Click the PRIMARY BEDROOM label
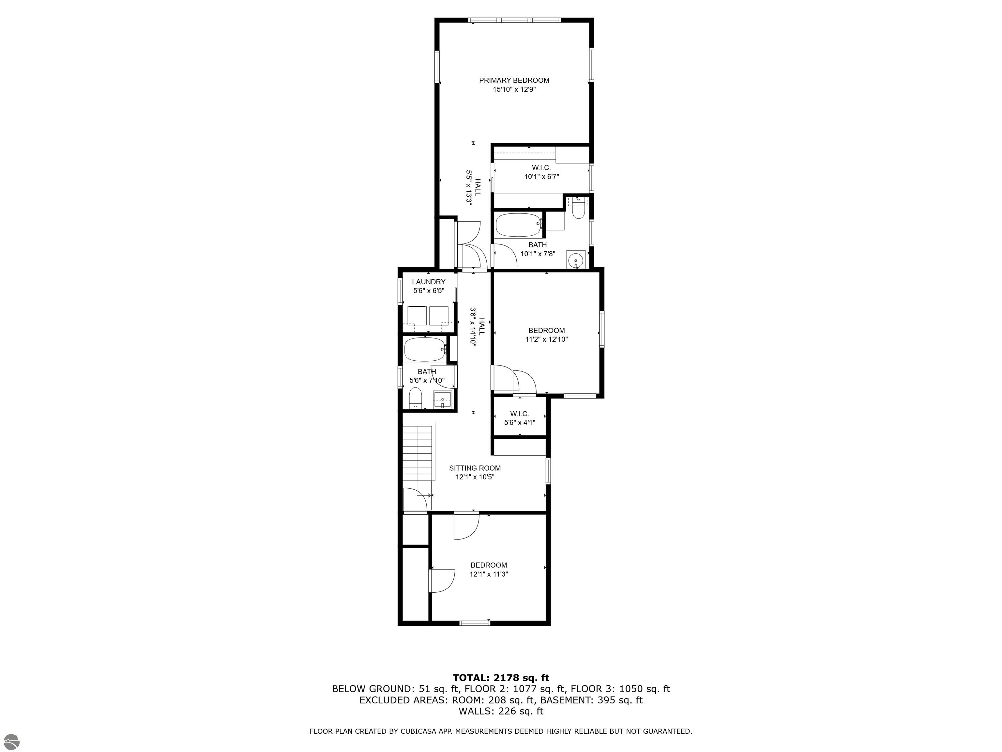[514, 80]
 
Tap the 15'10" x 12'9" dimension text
[514, 90]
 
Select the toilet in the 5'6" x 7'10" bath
[416, 398]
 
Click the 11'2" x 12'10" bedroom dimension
[547, 339]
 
